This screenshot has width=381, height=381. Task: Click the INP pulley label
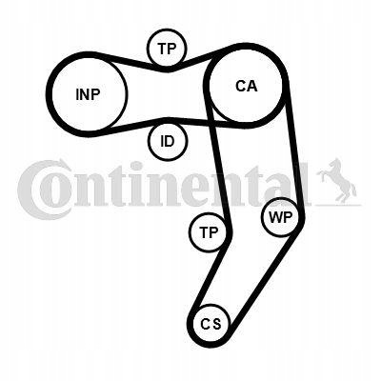[88, 94]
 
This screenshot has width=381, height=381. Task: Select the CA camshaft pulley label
[247, 86]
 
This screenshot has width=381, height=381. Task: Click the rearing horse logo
[336, 181]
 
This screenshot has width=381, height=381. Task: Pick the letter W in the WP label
[274, 217]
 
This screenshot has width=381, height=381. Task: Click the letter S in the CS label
[216, 324]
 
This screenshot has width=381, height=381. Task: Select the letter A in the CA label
[252, 86]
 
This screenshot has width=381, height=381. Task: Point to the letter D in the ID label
[170, 141]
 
